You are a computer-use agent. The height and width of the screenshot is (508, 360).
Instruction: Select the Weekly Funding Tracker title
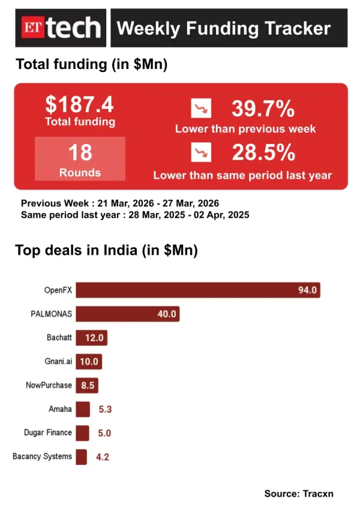[223, 28]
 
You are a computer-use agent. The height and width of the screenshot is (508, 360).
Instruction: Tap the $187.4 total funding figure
[80, 106]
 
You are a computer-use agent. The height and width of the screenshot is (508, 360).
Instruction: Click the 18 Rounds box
[80, 158]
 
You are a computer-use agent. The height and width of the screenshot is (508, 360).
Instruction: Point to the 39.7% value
[263, 109]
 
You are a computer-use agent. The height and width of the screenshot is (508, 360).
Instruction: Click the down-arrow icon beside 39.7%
[201, 109]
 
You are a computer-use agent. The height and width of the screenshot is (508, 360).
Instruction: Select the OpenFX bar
[198, 290]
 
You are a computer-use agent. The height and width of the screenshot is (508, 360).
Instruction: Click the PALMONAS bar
[127, 314]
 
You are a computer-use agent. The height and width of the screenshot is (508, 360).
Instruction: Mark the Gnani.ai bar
[89, 362]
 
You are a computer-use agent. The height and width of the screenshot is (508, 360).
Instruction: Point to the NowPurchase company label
[49, 385]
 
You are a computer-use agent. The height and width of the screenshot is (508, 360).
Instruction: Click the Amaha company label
[60, 409]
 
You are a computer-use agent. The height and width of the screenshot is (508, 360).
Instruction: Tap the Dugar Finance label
[47, 432]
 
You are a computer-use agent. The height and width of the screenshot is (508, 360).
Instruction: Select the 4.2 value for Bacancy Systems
[103, 457]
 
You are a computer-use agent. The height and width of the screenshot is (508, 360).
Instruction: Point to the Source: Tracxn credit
[298, 494]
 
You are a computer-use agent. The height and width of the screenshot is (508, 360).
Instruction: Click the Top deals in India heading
[106, 250]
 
